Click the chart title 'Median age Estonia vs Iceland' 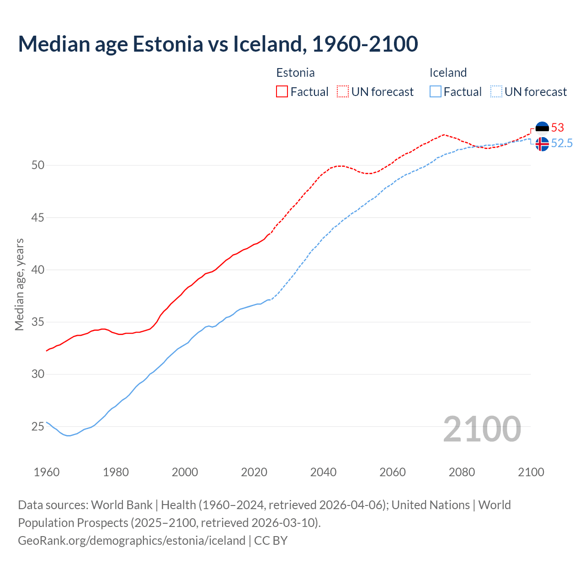click(218, 44)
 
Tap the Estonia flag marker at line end click(542, 128)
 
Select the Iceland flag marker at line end click(542, 144)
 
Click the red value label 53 click(558, 128)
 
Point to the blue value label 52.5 click(562, 144)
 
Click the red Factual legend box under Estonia click(282, 92)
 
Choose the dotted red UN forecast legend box click(343, 92)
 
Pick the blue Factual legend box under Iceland click(436, 92)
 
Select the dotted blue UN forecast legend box click(496, 92)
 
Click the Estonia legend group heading click(295, 73)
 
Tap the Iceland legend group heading click(448, 73)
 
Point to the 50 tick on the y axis click(38, 165)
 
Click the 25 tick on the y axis click(38, 427)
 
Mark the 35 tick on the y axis click(38, 322)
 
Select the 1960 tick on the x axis click(47, 472)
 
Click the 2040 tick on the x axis click(323, 472)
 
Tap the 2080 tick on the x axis click(462, 472)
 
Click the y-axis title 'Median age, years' click(19, 284)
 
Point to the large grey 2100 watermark click(482, 429)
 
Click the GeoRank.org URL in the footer click(132, 541)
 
